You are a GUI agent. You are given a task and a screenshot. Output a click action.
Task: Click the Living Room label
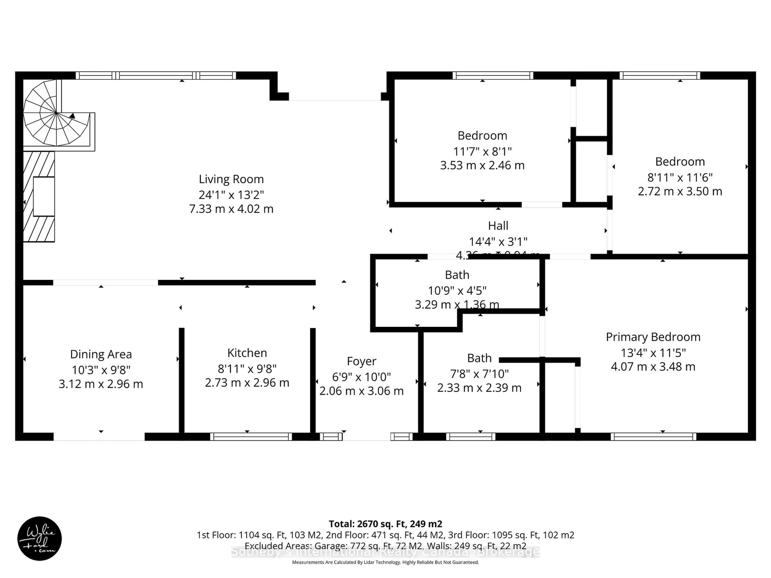point(231,179)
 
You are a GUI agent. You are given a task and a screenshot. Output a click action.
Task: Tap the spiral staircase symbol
point(56,113)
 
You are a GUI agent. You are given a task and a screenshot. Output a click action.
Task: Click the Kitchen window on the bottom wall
point(251,437)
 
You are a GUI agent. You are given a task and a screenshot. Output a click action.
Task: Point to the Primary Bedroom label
point(653,337)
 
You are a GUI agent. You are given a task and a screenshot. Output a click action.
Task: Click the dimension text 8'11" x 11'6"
point(680,178)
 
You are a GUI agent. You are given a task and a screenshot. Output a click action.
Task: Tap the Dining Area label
point(101,354)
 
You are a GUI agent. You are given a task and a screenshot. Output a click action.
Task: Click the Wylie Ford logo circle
point(39,538)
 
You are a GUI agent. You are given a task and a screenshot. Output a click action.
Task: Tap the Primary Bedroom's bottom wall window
point(653,437)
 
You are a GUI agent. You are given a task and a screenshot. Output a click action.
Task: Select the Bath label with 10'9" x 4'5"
point(457,275)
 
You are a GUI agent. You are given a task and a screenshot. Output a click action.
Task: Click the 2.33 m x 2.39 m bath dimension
point(479,388)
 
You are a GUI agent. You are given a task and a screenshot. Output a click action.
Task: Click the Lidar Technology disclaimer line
point(385,562)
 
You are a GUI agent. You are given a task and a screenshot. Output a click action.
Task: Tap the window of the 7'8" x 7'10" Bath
point(471,437)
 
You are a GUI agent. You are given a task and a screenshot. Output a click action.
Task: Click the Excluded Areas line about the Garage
point(385,546)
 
